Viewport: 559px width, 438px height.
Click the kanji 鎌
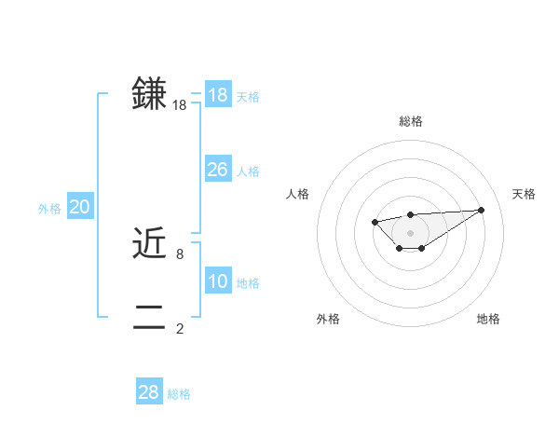click(149, 94)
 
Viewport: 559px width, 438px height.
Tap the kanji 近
click(149, 243)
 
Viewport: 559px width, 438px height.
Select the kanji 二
click(149, 318)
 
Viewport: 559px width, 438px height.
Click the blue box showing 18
click(217, 94)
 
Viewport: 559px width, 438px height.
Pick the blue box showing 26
click(217, 169)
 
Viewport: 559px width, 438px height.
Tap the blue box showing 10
click(217, 281)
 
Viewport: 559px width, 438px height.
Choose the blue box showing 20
click(79, 207)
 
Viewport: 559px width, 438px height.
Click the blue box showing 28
click(148, 392)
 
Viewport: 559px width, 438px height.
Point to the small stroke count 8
click(180, 253)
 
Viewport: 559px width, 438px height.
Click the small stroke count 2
click(180, 328)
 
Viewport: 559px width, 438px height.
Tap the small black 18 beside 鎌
click(179, 105)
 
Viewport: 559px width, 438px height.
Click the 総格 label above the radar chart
click(410, 121)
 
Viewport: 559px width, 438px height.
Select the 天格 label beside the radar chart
click(524, 194)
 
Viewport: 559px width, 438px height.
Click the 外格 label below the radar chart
click(328, 319)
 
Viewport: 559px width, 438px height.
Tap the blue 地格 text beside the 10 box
click(248, 283)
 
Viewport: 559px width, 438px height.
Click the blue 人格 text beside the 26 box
click(248, 171)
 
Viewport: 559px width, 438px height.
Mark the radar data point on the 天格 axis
click(481, 210)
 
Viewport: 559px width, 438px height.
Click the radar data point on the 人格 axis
click(375, 222)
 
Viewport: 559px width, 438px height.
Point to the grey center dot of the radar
click(410, 233)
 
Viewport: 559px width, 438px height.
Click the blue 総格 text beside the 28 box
click(179, 395)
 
